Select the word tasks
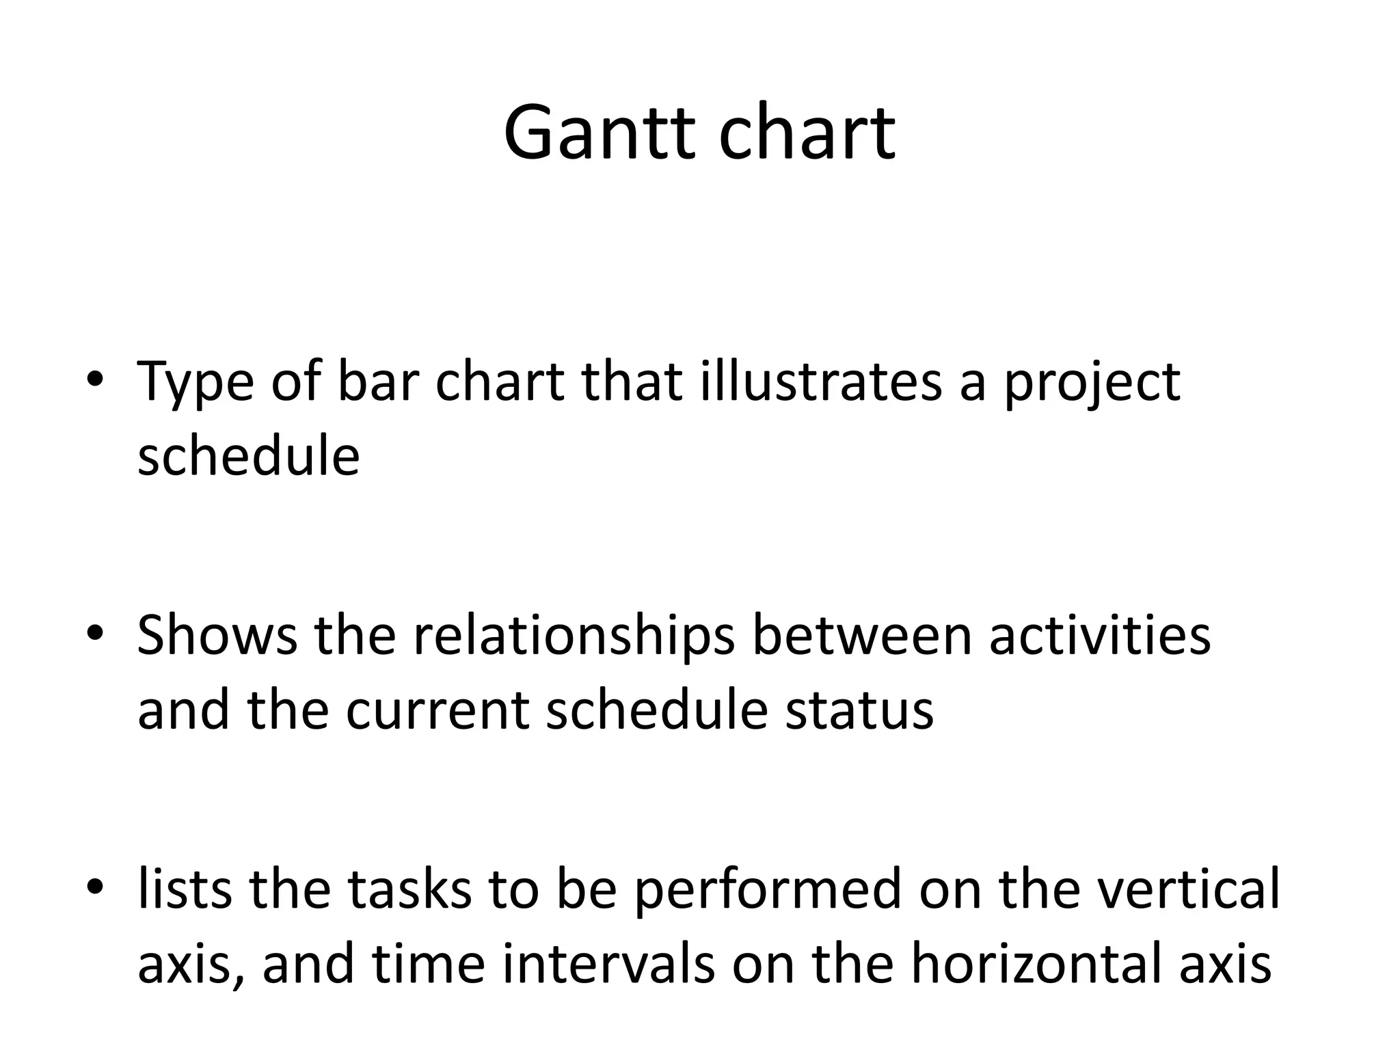click(x=409, y=889)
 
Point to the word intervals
click(x=608, y=965)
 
